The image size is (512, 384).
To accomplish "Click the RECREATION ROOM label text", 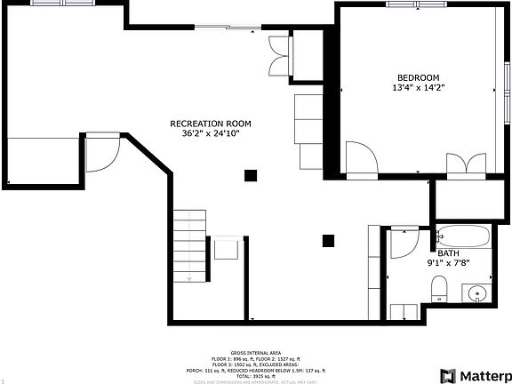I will click(x=211, y=123).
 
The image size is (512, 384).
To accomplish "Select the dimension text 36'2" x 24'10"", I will click(x=211, y=133).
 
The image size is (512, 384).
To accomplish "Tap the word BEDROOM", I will click(x=417, y=77).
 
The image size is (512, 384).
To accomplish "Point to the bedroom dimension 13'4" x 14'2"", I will click(x=417, y=88).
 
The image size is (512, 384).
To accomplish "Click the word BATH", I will click(x=448, y=252).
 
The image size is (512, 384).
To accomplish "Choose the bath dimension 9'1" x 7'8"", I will click(x=448, y=263).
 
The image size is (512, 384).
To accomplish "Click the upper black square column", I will click(x=252, y=175).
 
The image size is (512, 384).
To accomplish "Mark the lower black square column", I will click(x=328, y=239).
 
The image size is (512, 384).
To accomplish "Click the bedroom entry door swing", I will click(x=361, y=159).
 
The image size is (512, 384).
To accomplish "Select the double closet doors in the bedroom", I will click(x=467, y=165).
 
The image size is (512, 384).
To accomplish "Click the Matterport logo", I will click(x=475, y=375).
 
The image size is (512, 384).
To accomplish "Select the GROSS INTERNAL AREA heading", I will click(x=255, y=352).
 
